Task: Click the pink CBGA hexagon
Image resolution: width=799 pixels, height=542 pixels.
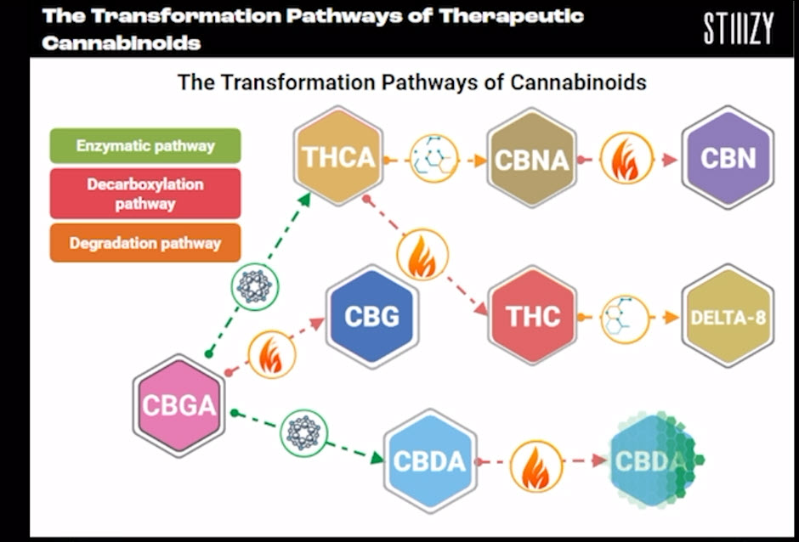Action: [178, 405]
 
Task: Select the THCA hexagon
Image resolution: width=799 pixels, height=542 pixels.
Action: [337, 155]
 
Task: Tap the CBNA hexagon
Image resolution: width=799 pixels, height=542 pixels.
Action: [532, 157]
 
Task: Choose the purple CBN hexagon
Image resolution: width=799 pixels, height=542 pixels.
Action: [728, 157]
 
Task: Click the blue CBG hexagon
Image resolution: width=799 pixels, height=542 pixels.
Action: [371, 316]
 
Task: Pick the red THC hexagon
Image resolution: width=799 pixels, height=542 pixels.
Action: [533, 315]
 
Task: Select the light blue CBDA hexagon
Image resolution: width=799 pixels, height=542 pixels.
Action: [428, 460]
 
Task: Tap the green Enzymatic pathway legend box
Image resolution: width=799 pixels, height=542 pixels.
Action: [145, 145]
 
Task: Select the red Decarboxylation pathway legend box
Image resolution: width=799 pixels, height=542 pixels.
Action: [145, 194]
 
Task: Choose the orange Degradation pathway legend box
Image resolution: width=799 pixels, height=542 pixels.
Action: [145, 243]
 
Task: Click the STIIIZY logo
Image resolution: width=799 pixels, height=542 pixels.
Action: [738, 29]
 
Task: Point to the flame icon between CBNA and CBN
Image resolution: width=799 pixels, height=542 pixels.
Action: [626, 158]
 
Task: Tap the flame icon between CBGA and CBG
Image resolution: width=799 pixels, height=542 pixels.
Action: [272, 354]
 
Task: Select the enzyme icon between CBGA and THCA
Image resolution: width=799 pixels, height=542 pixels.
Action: [255, 285]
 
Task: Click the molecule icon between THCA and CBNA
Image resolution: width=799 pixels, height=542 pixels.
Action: [433, 158]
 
